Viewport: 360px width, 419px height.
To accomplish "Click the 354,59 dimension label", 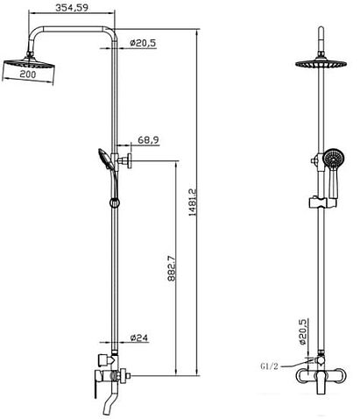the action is pyautogui.click(x=72, y=7).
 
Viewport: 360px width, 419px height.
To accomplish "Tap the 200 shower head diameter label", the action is pyautogui.click(x=28, y=75).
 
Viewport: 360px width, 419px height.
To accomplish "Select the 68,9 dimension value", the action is pyautogui.click(x=148, y=140).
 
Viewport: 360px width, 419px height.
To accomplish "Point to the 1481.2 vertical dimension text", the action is pyautogui.click(x=193, y=202).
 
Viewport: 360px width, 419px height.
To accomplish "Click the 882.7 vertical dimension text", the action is pyautogui.click(x=172, y=268).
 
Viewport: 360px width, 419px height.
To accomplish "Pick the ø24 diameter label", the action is pyautogui.click(x=139, y=337).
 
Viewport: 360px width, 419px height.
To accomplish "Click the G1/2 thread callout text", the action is pyautogui.click(x=269, y=366).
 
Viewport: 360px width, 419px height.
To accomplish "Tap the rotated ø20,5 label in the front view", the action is pyautogui.click(x=304, y=332).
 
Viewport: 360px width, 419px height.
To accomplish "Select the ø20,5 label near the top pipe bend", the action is pyautogui.click(x=143, y=43).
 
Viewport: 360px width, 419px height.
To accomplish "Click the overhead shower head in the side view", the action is pyautogui.click(x=29, y=62).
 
